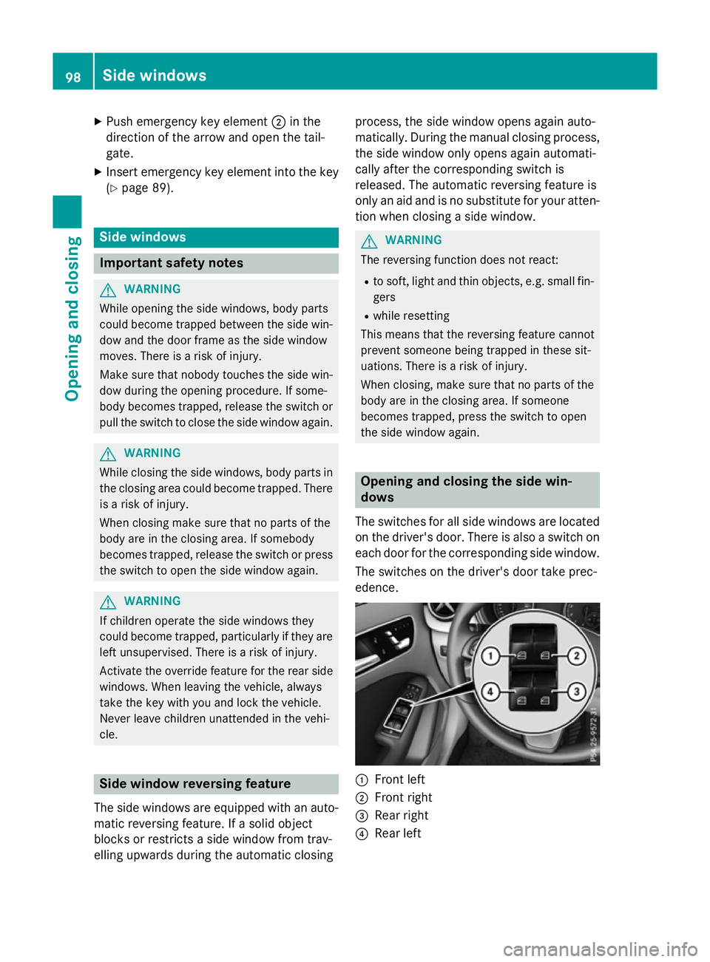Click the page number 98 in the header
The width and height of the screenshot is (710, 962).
click(x=73, y=76)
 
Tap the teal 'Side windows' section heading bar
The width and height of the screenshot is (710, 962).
click(x=215, y=237)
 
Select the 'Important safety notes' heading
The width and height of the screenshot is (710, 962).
click(x=172, y=263)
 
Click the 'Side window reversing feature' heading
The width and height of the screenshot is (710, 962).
click(x=195, y=784)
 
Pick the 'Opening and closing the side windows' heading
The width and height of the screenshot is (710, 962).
click(x=466, y=489)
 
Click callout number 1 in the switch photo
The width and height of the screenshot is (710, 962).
click(x=490, y=655)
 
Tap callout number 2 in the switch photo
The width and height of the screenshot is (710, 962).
click(x=576, y=655)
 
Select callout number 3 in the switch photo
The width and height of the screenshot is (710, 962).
click(x=576, y=692)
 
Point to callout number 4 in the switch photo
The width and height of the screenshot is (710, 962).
click(x=490, y=692)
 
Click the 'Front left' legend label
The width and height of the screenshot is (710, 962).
click(x=399, y=780)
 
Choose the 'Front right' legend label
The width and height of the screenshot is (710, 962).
click(x=403, y=797)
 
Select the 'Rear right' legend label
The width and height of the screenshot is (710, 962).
click(x=402, y=815)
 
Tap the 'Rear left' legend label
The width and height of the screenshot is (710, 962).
click(x=398, y=833)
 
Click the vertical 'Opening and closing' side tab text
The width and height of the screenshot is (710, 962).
click(x=72, y=318)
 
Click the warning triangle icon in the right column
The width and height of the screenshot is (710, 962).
click(x=369, y=241)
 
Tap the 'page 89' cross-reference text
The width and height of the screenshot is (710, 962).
click(x=145, y=188)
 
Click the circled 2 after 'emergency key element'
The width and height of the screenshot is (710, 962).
click(x=279, y=122)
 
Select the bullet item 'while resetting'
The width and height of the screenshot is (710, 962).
click(x=411, y=315)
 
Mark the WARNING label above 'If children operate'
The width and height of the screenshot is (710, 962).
click(x=152, y=601)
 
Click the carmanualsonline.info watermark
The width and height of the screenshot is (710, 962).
click(x=600, y=949)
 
